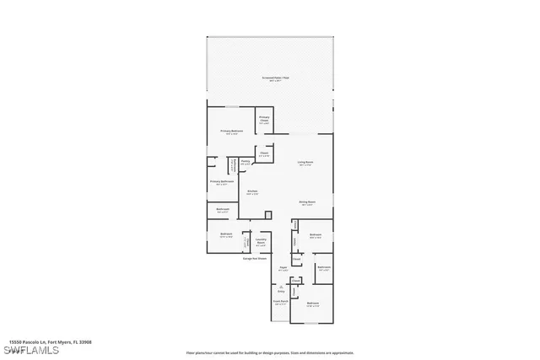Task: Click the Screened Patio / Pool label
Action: (275, 78)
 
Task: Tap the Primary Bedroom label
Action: (232, 132)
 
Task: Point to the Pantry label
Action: (245, 163)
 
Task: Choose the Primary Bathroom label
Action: (221, 181)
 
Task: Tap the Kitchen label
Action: (251, 192)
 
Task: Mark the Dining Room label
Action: (307, 202)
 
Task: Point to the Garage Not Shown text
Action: (256, 259)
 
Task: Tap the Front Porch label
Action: (280, 302)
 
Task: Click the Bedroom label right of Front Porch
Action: (312, 304)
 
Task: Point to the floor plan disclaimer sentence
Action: (282, 342)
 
